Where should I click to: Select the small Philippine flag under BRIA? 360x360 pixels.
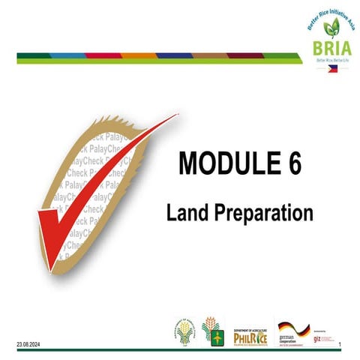334,67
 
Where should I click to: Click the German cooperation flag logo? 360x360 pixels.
293,330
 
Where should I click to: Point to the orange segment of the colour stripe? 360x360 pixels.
138,55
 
